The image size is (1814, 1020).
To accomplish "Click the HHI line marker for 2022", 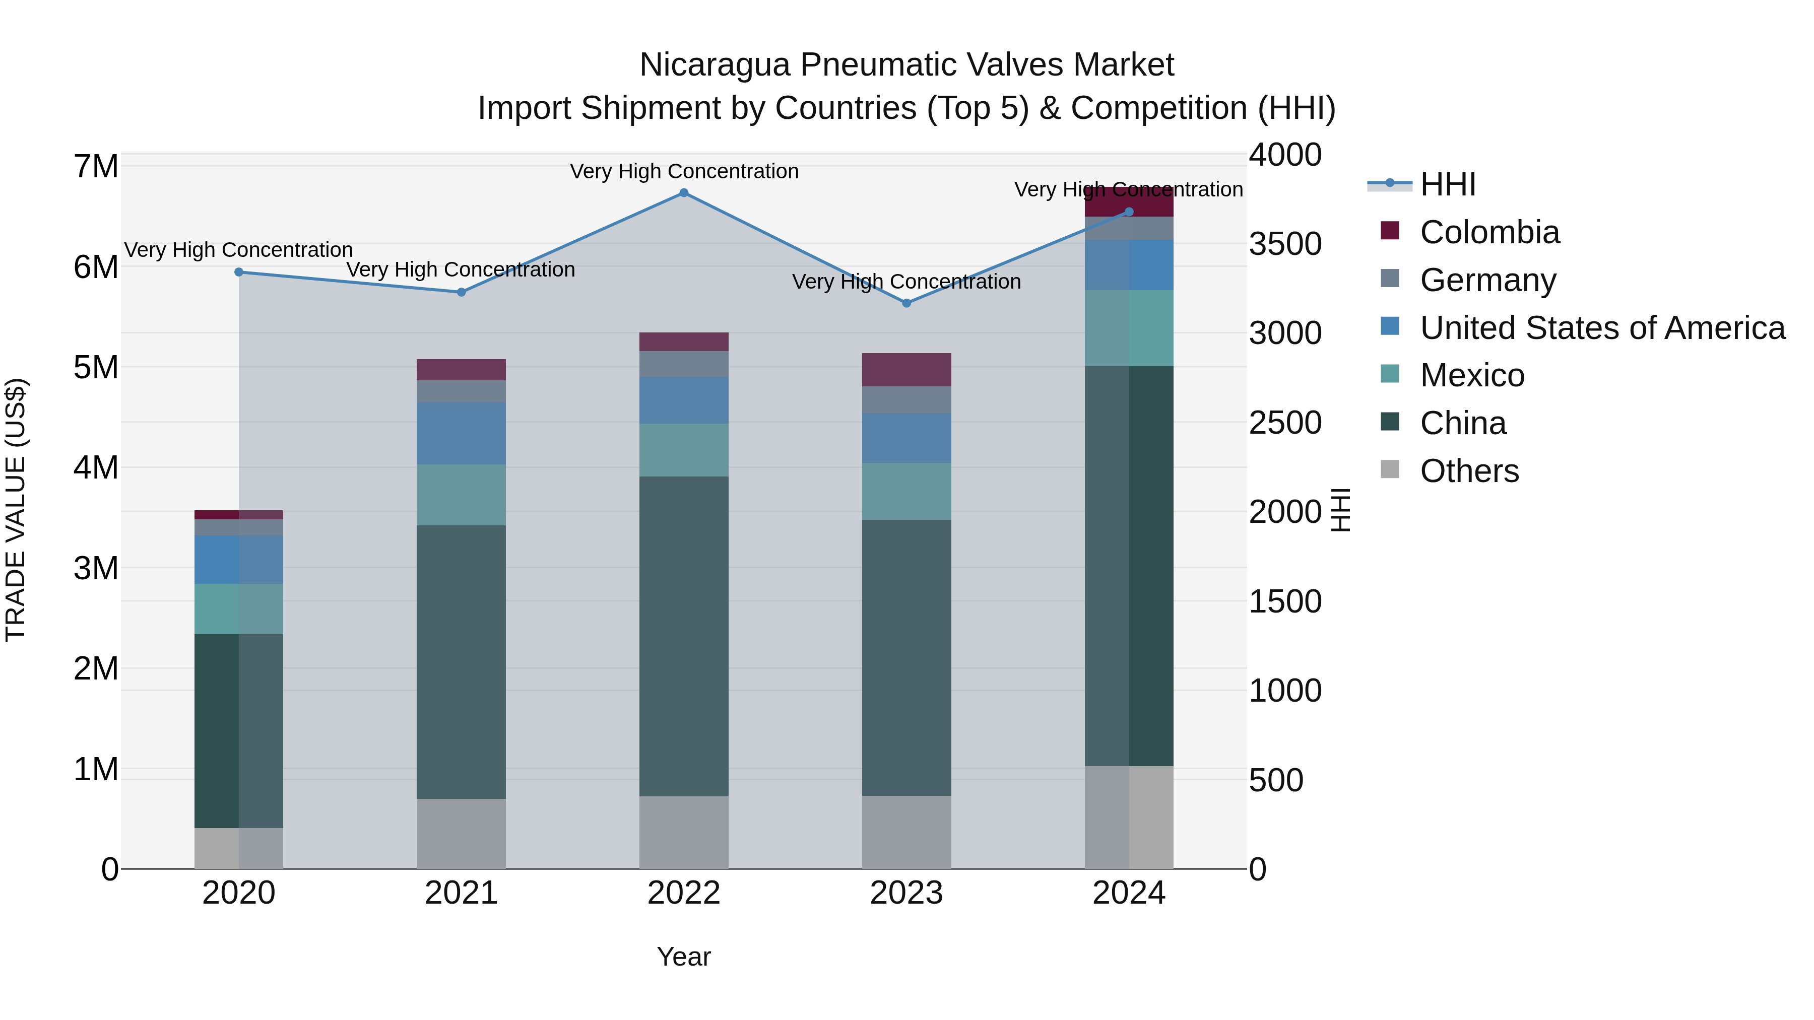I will tap(684, 193).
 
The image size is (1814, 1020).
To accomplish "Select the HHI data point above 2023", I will tap(906, 303).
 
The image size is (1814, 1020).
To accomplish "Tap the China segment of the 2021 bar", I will tap(461, 662).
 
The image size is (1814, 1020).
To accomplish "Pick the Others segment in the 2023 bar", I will tap(906, 832).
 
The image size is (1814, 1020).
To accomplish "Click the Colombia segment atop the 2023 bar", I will tap(906, 370).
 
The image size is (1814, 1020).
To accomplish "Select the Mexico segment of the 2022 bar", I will tap(684, 450).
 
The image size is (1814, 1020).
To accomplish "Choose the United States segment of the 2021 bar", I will tap(461, 433).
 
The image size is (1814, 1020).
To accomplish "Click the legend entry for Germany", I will tap(1487, 280).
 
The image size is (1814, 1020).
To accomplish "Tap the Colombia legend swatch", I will tap(1389, 231).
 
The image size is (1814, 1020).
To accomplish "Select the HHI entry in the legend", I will tap(1447, 184).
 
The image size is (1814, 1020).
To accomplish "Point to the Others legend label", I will tap(1469, 471).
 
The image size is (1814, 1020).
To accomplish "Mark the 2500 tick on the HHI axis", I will tap(1285, 423).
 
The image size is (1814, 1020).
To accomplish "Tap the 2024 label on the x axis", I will tap(1129, 893).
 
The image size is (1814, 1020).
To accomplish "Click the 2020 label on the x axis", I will tap(239, 893).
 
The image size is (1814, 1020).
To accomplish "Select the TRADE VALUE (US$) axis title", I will tap(16, 510).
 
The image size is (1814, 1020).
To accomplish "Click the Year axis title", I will tap(684, 957).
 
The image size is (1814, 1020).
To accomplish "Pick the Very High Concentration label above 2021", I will tap(461, 269).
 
